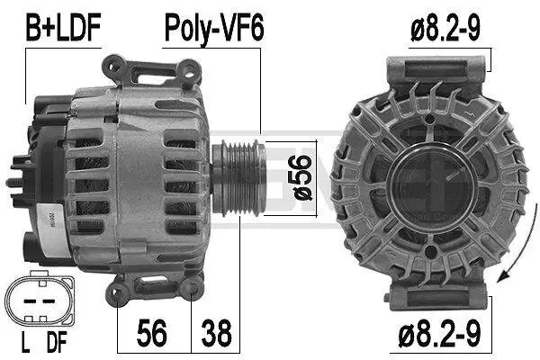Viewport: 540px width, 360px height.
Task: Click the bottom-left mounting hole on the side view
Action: (x=120, y=290)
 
